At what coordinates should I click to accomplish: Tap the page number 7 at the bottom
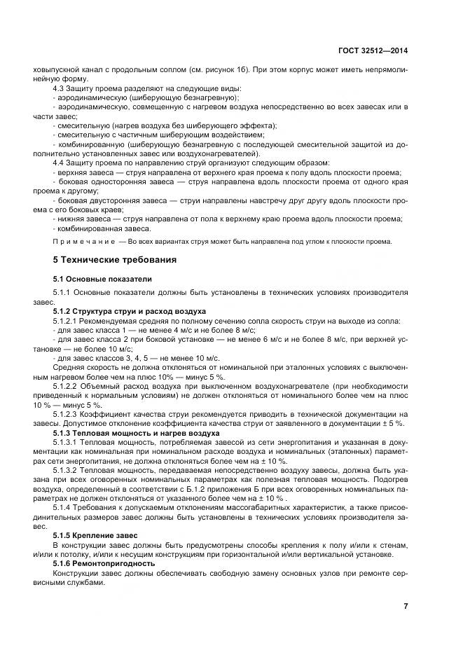coord(406,606)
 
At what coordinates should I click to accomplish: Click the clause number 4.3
coord(61,89)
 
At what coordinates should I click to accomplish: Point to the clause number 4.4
coord(61,163)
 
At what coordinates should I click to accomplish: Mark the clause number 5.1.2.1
coord(69,320)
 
